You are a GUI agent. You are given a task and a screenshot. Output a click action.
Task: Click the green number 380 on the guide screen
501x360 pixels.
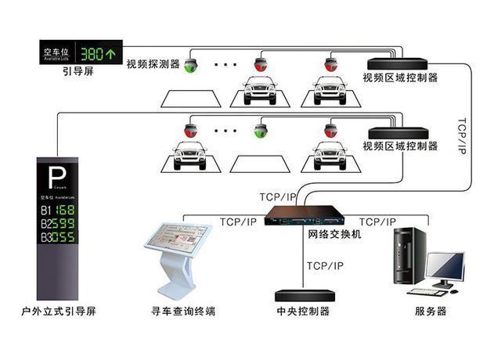pyautogui.click(x=97, y=54)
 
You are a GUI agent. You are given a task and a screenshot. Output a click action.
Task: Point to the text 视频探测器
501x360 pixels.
pyautogui.click(x=153, y=63)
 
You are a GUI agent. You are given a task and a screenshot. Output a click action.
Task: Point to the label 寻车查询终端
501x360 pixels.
pyautogui.click(x=184, y=311)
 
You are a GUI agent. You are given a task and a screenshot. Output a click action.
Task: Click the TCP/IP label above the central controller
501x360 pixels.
pyautogui.click(x=324, y=266)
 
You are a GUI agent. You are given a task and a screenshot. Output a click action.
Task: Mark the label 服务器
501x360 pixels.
pyautogui.click(x=431, y=311)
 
